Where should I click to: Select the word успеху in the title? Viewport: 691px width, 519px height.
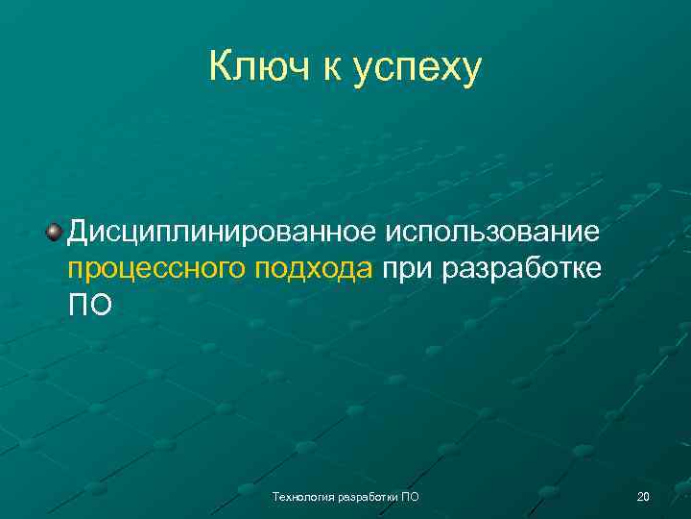(x=417, y=70)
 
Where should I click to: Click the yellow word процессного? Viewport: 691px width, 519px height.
(x=156, y=269)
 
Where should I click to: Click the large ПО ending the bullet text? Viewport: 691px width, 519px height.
(x=89, y=305)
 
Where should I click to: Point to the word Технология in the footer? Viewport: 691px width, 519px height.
(x=300, y=496)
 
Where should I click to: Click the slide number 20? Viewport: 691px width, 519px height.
(x=643, y=496)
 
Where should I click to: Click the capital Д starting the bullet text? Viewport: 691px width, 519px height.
(x=80, y=234)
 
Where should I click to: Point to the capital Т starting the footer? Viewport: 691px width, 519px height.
(x=275, y=496)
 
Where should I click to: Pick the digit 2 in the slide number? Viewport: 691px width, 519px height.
(x=639, y=496)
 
